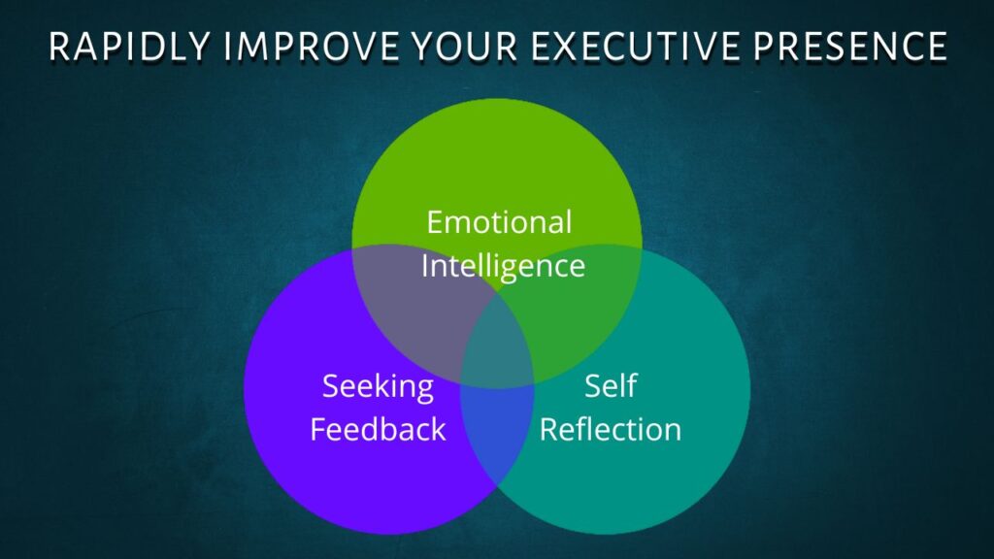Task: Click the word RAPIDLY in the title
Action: coord(129,47)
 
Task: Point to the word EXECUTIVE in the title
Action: coord(636,47)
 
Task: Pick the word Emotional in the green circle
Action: coord(500,222)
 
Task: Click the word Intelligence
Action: coord(504,266)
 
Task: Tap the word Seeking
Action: coord(379,387)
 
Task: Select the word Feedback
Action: coord(379,429)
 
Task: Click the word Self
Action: coord(611,385)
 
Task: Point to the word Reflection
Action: coord(611,429)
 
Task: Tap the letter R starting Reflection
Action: coord(549,429)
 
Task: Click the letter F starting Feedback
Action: coord(318,429)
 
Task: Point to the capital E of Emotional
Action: coord(435,222)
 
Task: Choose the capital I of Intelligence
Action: coord(425,266)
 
